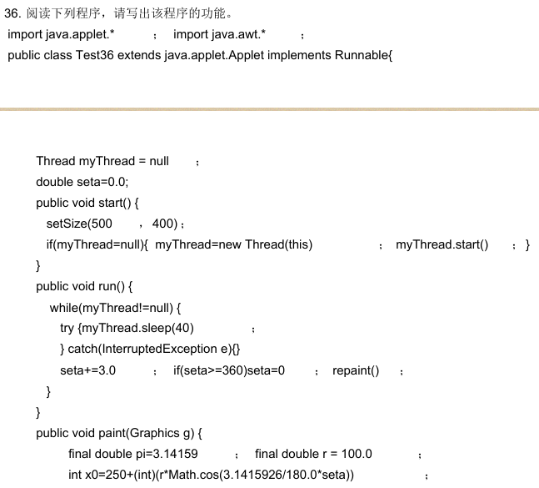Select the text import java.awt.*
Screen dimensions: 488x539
click(x=219, y=34)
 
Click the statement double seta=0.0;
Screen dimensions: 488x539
click(x=82, y=182)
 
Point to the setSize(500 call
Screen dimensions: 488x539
click(x=79, y=224)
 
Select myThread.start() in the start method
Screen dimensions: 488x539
click(x=442, y=244)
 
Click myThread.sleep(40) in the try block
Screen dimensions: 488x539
click(x=138, y=328)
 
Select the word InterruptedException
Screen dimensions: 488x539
click(x=166, y=349)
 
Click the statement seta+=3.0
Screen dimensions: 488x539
click(x=87, y=370)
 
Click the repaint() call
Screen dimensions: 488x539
click(x=356, y=370)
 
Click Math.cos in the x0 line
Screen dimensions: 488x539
click(x=208, y=475)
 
